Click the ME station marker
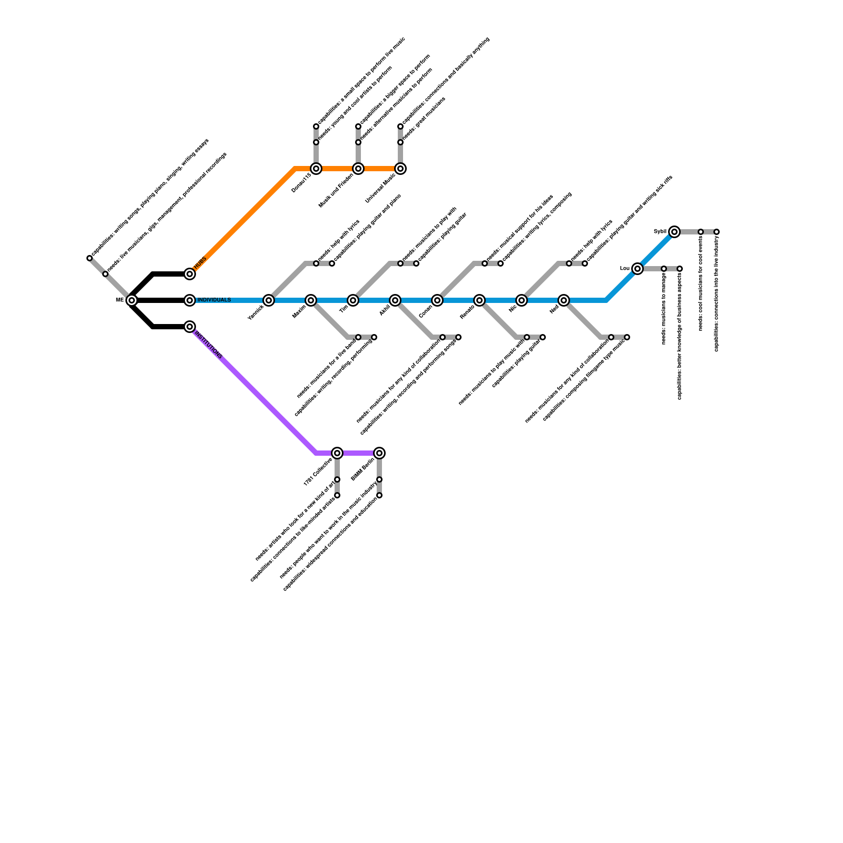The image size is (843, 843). pyautogui.click(x=132, y=300)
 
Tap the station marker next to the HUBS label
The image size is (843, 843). pyautogui.click(x=190, y=274)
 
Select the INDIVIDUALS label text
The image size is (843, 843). pyautogui.click(x=214, y=300)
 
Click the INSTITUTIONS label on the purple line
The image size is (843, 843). pyautogui.click(x=209, y=345)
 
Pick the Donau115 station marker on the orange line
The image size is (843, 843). pyautogui.click(x=316, y=169)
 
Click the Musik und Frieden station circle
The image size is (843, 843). pyautogui.click(x=358, y=169)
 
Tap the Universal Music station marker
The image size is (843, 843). pyautogui.click(x=400, y=169)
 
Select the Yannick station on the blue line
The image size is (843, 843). pyautogui.click(x=269, y=300)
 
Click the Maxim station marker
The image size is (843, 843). pyautogui.click(x=311, y=300)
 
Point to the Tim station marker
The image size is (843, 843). pyautogui.click(x=353, y=300)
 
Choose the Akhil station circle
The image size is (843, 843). pyautogui.click(x=395, y=300)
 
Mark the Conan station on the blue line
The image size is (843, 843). pyautogui.click(x=437, y=300)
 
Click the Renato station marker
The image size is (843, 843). pyautogui.click(x=479, y=300)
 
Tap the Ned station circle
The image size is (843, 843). pyautogui.click(x=564, y=300)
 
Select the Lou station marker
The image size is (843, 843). pyautogui.click(x=638, y=269)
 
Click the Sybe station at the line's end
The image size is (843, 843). pyautogui.click(x=674, y=232)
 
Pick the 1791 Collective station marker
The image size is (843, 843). pyautogui.click(x=337, y=453)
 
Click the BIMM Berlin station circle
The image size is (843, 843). pyautogui.click(x=379, y=453)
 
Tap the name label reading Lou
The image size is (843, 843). pyautogui.click(x=625, y=269)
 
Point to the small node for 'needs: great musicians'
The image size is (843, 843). pyautogui.click(x=400, y=142)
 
